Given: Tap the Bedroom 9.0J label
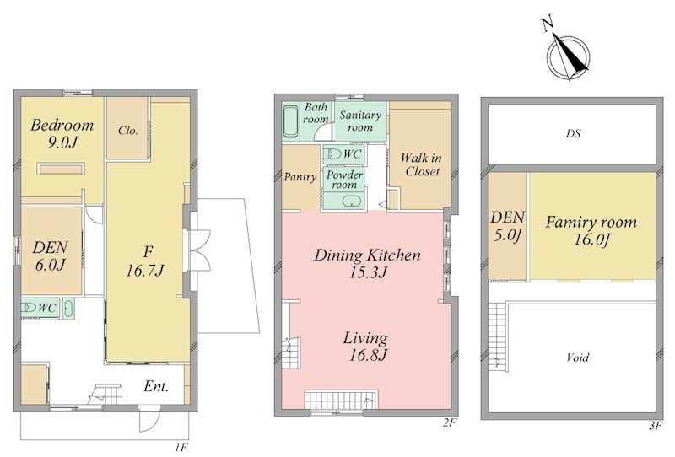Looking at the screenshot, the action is (x=62, y=133).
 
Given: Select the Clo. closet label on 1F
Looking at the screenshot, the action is (x=128, y=130).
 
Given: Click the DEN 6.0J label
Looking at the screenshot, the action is (x=51, y=255).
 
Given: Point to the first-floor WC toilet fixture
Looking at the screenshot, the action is (x=29, y=308).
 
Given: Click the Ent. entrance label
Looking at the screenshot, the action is (x=155, y=386).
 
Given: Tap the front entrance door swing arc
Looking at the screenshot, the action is (x=150, y=422).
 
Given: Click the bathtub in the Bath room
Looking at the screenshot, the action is (x=291, y=121).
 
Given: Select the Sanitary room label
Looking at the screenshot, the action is (x=360, y=121).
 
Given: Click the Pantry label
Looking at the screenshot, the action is (x=300, y=177).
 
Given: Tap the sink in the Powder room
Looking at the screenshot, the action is (x=352, y=202).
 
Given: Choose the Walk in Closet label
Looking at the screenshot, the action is (x=420, y=164).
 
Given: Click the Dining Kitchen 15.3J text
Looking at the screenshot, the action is (x=367, y=263).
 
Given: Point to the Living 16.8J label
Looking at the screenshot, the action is (x=366, y=347).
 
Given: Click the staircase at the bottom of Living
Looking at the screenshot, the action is (x=341, y=400).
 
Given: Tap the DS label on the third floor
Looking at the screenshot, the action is (x=573, y=133).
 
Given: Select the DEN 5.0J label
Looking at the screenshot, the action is (x=508, y=225).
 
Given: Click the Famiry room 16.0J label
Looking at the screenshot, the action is (x=591, y=231).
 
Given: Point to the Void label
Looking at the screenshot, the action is (x=578, y=358).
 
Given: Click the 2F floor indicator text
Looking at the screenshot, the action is (x=449, y=423).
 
